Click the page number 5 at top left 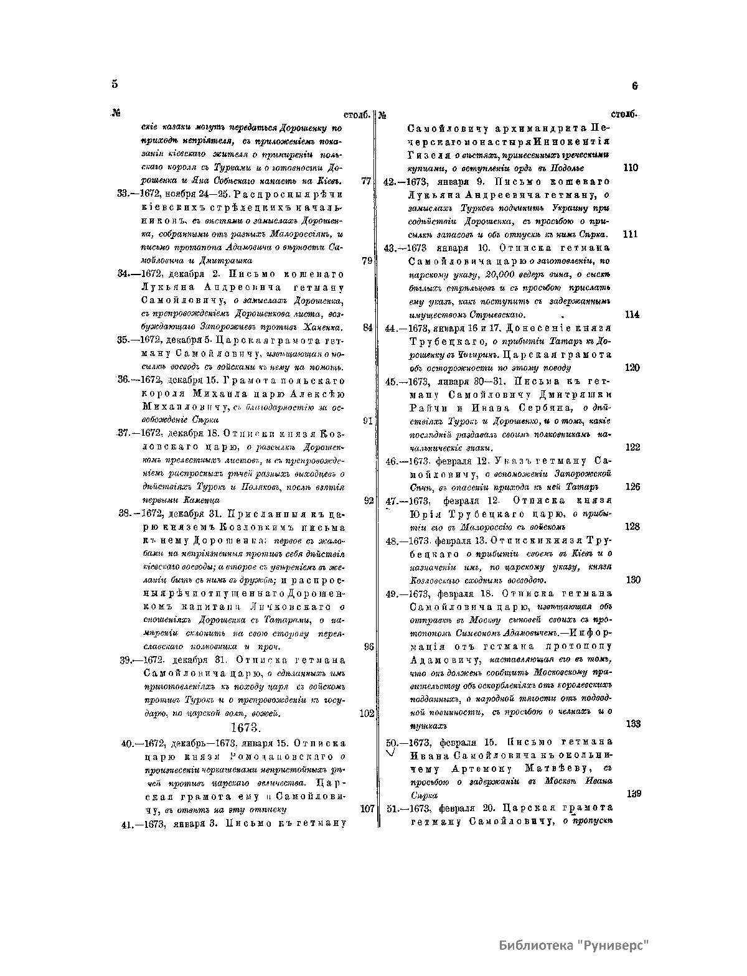[x=115, y=85]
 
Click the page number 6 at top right [x=634, y=87]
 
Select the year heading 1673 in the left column [x=245, y=727]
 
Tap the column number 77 [x=366, y=181]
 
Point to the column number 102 [x=367, y=713]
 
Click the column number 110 [x=631, y=168]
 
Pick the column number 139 [x=632, y=794]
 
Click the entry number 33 [x=123, y=194]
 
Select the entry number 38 [x=123, y=514]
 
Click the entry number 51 [x=392, y=809]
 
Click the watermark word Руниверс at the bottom [x=613, y=946]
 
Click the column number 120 [x=631, y=368]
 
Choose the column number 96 [x=369, y=647]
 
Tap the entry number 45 [x=392, y=382]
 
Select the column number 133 [x=632, y=724]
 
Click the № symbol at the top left [x=115, y=114]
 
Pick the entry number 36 [x=123, y=380]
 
